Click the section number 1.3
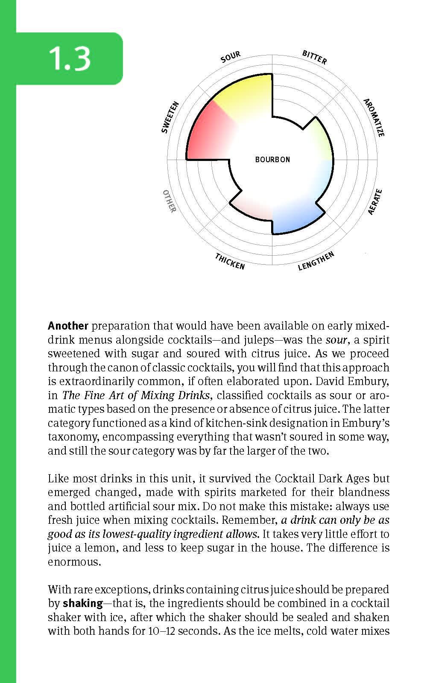(x=70, y=58)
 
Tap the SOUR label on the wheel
(x=231, y=57)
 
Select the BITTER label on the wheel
(x=314, y=57)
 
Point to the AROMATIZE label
(x=374, y=117)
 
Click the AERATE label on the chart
(x=374, y=202)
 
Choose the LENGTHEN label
(x=316, y=261)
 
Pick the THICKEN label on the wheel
(x=230, y=261)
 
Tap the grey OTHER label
(x=170, y=201)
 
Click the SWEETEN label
(x=170, y=117)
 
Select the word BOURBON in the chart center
(x=272, y=160)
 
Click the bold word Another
(x=68, y=326)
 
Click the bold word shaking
(x=83, y=604)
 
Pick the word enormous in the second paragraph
(x=74, y=562)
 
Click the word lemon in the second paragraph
(x=113, y=548)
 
